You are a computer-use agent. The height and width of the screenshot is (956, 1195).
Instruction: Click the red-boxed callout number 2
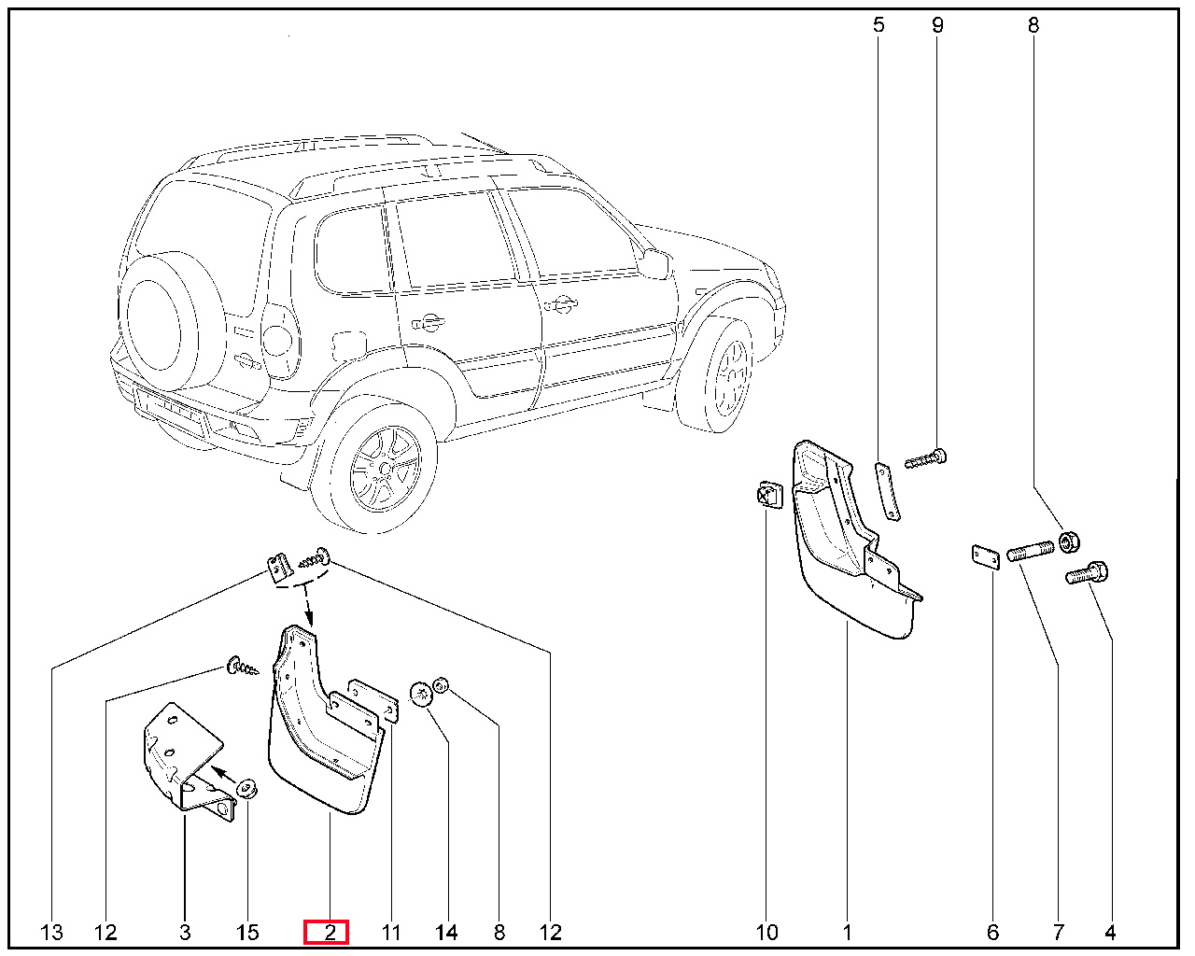[330, 933]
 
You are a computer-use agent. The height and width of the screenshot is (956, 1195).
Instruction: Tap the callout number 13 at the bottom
[51, 933]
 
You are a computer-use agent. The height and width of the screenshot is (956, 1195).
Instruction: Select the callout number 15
[247, 933]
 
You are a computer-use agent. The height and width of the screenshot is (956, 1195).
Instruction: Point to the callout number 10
[766, 933]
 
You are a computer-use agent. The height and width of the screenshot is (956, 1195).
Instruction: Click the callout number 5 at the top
[879, 25]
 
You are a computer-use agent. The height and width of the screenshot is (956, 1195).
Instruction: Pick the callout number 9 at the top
[937, 25]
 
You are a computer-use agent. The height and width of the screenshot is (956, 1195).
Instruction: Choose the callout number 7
[1059, 933]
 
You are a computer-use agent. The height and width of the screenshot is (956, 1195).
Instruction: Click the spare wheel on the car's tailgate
[160, 323]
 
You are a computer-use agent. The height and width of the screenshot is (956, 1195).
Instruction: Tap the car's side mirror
[654, 264]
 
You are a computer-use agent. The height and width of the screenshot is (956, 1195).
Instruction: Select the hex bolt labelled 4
[1087, 574]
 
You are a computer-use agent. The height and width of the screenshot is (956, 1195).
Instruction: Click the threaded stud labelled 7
[1031, 552]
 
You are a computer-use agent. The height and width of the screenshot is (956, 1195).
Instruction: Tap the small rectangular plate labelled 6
[986, 557]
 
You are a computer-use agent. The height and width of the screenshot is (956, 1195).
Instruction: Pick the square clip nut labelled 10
[769, 495]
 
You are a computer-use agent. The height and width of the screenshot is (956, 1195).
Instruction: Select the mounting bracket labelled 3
[186, 762]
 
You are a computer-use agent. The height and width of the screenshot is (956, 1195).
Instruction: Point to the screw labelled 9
[926, 458]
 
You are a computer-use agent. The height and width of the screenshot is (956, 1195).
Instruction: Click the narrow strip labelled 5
[887, 491]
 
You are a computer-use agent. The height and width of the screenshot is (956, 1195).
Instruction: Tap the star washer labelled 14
[421, 695]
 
